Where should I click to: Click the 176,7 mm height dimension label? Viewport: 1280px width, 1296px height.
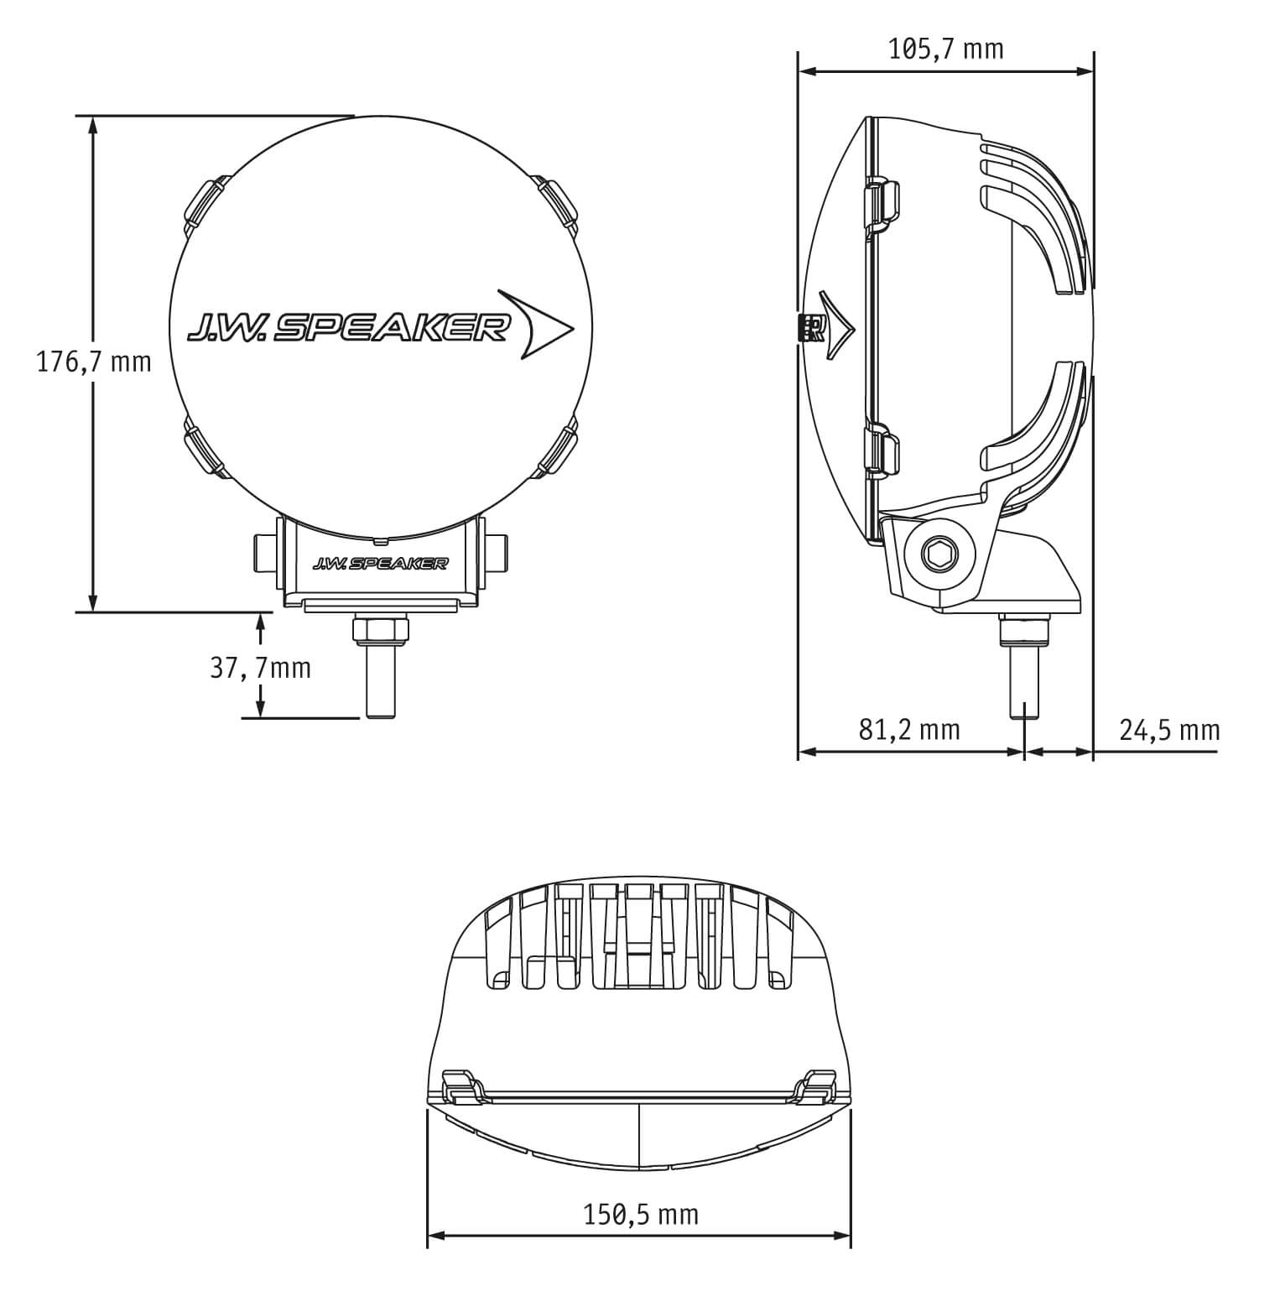tap(94, 362)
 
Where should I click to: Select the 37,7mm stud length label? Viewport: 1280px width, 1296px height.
tap(260, 668)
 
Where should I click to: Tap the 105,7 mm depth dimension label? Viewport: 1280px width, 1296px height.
tap(945, 49)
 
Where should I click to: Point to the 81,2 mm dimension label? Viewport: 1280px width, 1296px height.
tap(908, 730)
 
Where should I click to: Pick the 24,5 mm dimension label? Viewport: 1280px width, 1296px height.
tap(1169, 730)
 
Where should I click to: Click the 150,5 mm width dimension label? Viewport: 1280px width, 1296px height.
tap(640, 1214)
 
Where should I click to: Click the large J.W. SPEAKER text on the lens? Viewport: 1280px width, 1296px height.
tap(348, 328)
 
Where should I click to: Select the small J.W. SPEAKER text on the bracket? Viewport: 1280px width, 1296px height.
tap(379, 564)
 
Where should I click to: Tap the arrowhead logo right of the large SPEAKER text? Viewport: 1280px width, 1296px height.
tap(535, 325)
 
